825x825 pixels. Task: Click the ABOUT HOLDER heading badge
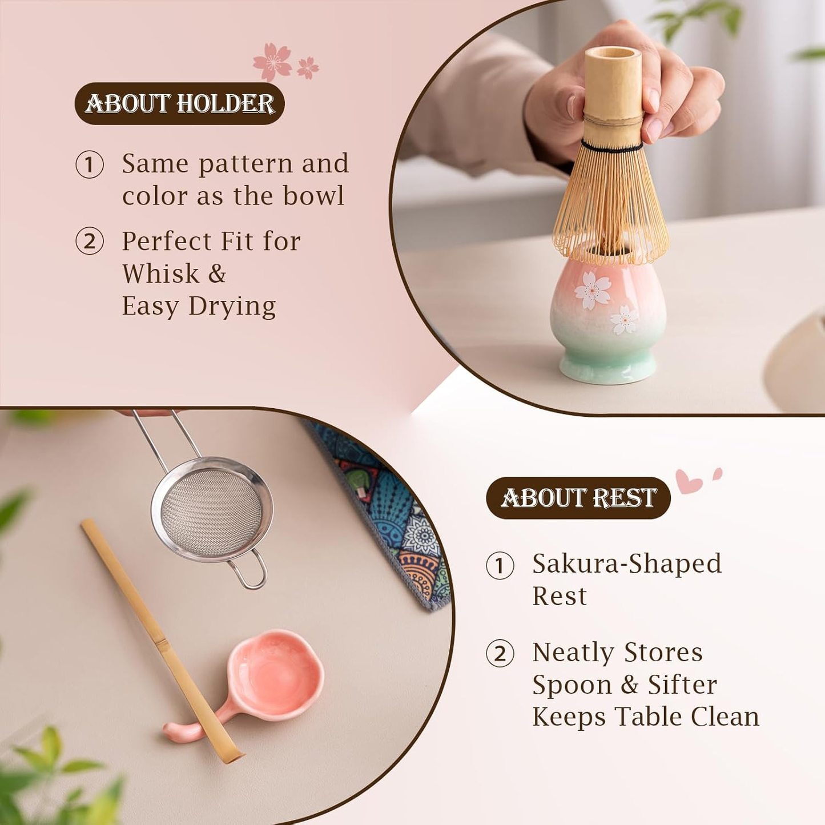pyautogui.click(x=179, y=103)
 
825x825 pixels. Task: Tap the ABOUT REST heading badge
pyautogui.click(x=578, y=498)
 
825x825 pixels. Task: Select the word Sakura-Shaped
pyautogui.click(x=627, y=564)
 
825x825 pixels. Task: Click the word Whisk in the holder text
pyautogui.click(x=160, y=273)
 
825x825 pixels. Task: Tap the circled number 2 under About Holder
pyautogui.click(x=90, y=241)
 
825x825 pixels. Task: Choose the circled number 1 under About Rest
pyautogui.click(x=500, y=565)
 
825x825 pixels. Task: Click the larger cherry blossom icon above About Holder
pyautogui.click(x=272, y=61)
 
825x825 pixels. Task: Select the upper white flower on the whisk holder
pyautogui.click(x=592, y=290)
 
